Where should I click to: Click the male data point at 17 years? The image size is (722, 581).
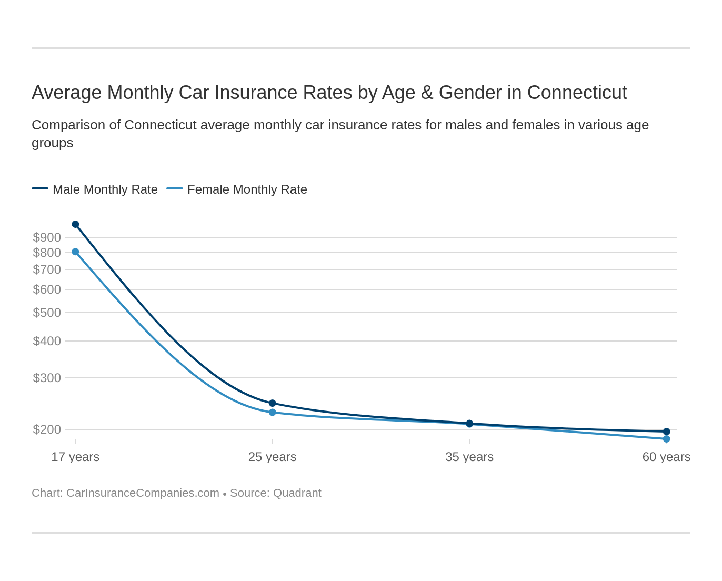pos(75,224)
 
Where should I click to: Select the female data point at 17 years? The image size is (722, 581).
pos(75,252)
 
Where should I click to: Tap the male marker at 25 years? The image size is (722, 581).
pos(273,403)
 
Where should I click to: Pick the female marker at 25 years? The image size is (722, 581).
pos(273,413)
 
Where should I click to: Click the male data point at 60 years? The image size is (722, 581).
pos(666,432)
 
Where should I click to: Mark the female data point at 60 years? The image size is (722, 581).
pos(666,439)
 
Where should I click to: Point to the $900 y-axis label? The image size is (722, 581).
pos(47,237)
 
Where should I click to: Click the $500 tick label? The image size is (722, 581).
pos(47,313)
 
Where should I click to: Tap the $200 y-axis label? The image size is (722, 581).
pos(47,429)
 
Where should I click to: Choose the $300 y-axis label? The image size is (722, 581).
pos(47,378)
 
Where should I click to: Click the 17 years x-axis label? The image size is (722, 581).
pos(75,457)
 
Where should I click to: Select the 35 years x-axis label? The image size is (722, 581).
pos(469,457)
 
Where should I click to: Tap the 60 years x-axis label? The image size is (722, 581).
pos(666,457)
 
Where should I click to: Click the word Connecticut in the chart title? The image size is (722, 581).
pos(577,93)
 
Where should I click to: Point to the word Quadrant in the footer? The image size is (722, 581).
pos(297,493)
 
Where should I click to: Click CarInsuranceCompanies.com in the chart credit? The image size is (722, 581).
pos(143,493)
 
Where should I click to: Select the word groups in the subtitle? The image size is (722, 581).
pos(52,143)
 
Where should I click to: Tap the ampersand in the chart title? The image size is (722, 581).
pos(427,93)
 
